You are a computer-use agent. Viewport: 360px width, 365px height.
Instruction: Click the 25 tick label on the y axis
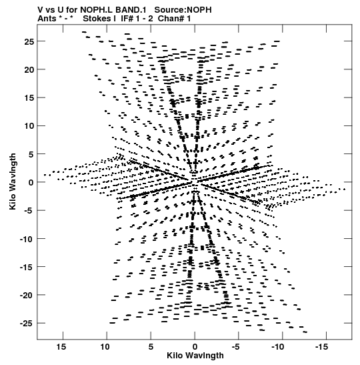click(29, 42)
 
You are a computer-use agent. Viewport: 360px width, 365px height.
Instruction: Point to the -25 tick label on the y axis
click(27, 324)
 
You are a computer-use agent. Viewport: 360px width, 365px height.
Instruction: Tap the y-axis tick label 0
click(31, 183)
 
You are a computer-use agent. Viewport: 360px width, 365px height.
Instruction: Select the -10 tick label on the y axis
click(27, 239)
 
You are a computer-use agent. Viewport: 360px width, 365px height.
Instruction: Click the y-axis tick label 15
click(29, 98)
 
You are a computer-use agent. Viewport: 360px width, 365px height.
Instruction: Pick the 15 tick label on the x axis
click(61, 347)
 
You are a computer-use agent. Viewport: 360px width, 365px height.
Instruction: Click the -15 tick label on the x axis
click(321, 347)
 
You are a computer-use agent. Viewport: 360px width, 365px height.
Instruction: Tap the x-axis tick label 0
click(195, 347)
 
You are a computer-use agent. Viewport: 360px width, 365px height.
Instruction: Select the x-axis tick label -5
click(236, 347)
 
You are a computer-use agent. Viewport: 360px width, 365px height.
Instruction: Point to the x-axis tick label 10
click(105, 347)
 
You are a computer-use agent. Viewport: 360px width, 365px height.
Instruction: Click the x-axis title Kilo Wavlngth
click(195, 356)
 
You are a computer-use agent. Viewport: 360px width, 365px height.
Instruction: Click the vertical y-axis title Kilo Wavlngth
click(13, 181)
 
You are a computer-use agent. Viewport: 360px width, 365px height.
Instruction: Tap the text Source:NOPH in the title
click(183, 10)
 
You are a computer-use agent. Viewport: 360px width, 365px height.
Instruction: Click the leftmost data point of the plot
click(45, 175)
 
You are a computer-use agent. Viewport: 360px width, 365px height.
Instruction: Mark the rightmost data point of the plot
click(344, 190)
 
